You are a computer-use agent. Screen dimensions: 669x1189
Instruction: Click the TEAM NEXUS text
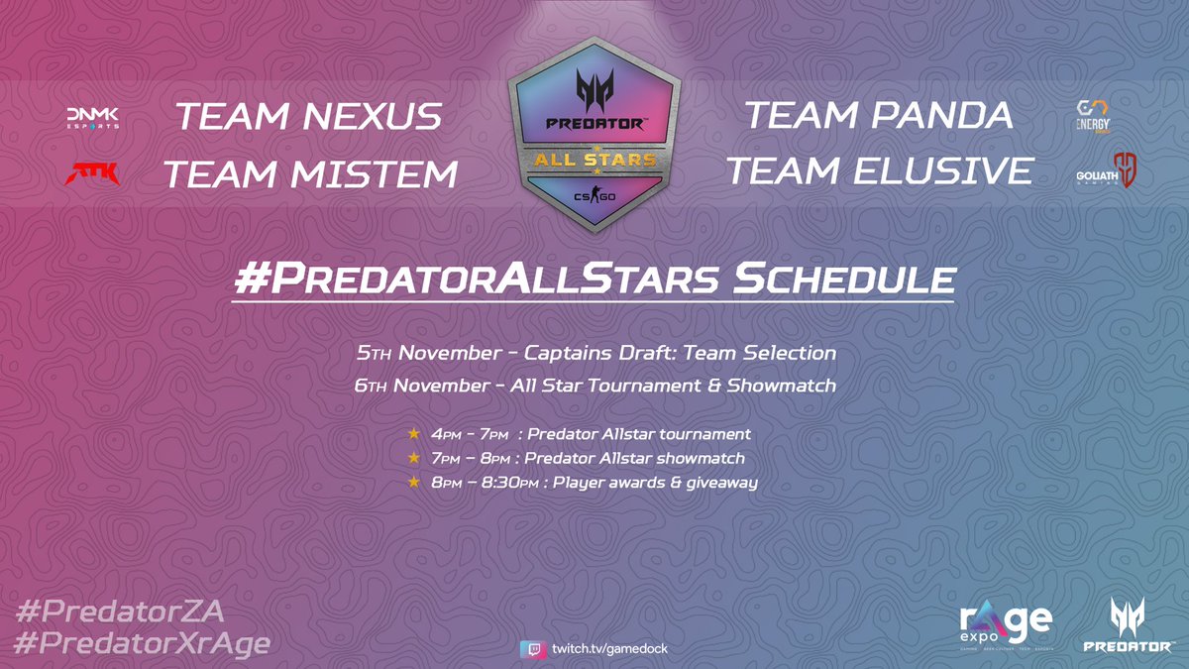click(308, 117)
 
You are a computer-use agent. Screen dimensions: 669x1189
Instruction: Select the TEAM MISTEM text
click(310, 174)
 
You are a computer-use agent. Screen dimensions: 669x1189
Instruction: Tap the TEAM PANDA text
click(879, 115)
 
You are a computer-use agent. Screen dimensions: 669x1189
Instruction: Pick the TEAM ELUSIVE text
click(879, 171)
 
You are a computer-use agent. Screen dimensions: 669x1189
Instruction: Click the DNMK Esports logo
click(92, 118)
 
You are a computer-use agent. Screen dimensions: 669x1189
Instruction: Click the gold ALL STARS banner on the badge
click(595, 160)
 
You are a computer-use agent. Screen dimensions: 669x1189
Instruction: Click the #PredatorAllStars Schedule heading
click(594, 279)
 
